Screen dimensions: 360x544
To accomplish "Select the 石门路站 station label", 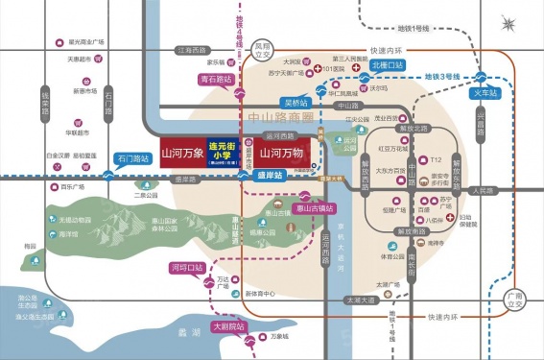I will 130,157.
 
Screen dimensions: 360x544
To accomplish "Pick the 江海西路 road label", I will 191,49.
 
